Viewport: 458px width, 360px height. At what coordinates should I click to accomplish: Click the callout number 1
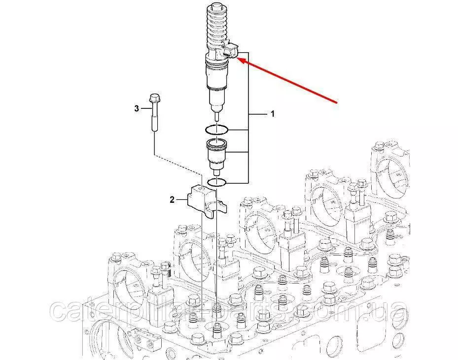coord(273,114)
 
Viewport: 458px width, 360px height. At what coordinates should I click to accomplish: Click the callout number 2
coord(172,199)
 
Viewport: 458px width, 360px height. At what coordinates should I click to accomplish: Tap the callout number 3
coord(137,109)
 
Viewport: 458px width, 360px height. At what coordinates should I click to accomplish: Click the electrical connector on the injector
coord(230,50)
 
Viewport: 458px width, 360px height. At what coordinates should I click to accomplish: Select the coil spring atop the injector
coord(217,29)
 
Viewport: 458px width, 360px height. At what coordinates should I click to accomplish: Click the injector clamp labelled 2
coord(207,201)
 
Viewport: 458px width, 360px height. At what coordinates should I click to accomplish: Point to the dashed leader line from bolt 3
coord(178,166)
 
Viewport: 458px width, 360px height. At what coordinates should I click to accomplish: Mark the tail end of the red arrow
coord(337,103)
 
